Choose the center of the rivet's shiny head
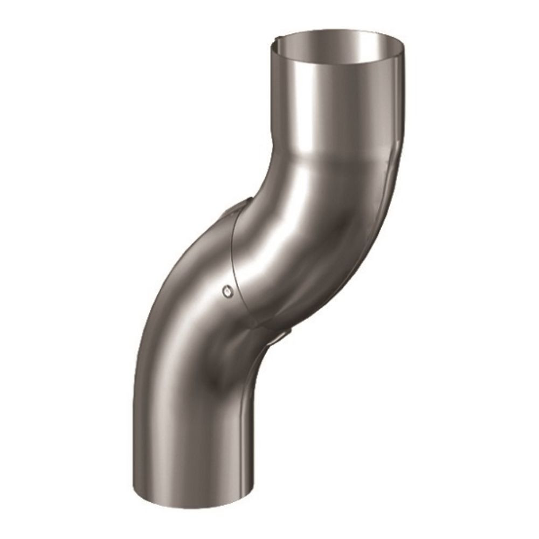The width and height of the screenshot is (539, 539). pyautogui.click(x=227, y=291)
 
